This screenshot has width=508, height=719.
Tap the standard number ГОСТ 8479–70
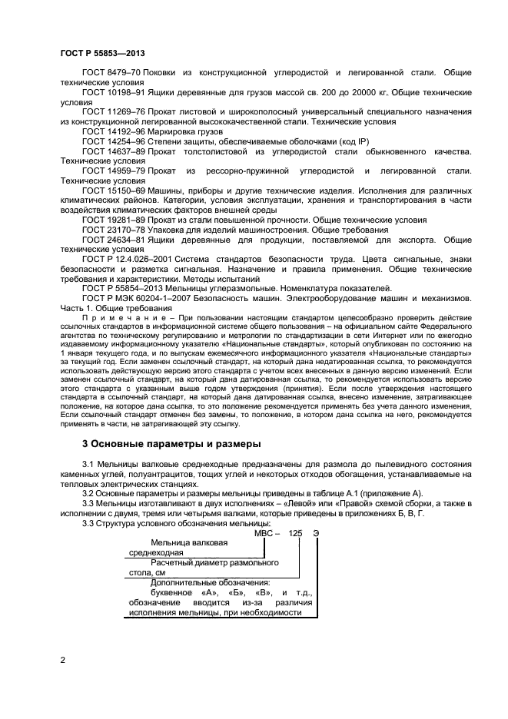[x=111, y=72]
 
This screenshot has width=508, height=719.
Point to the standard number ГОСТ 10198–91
[x=113, y=92]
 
